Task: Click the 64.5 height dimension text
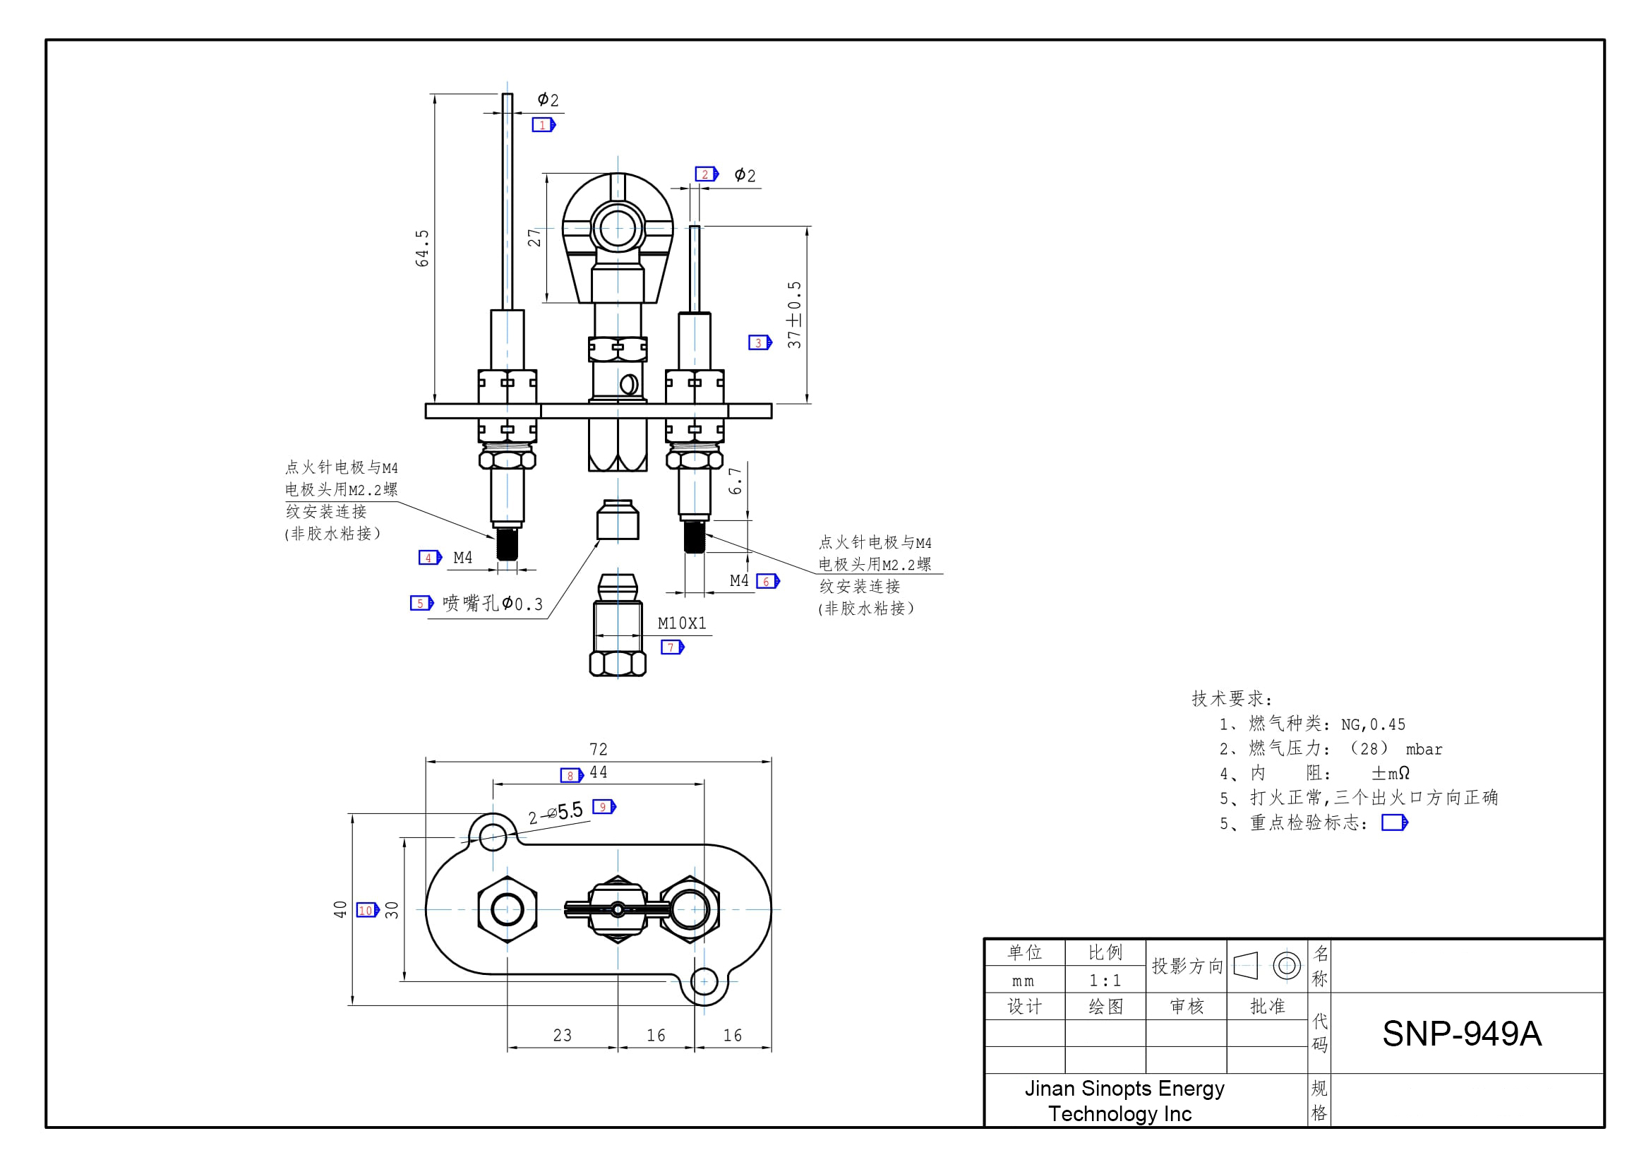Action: (x=422, y=249)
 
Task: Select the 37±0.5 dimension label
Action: (x=794, y=315)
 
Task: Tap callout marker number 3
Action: (x=760, y=343)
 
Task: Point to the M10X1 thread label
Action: (x=682, y=623)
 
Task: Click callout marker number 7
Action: (x=671, y=648)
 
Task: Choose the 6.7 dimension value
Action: (x=735, y=481)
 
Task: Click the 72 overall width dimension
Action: (x=599, y=749)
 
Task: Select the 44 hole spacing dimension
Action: (x=599, y=772)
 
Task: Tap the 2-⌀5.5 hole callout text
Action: (x=556, y=813)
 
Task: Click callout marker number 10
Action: (x=368, y=910)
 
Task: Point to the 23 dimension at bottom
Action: (x=563, y=1036)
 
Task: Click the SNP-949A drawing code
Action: (x=1461, y=1034)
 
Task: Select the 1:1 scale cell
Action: (x=1105, y=981)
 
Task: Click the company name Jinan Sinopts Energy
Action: (x=1124, y=1089)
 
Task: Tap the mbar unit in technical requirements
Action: (x=1424, y=750)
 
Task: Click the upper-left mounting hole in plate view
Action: (x=493, y=835)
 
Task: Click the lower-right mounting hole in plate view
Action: (x=704, y=981)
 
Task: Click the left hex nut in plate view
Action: (x=507, y=909)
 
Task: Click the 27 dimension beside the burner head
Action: (x=534, y=237)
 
